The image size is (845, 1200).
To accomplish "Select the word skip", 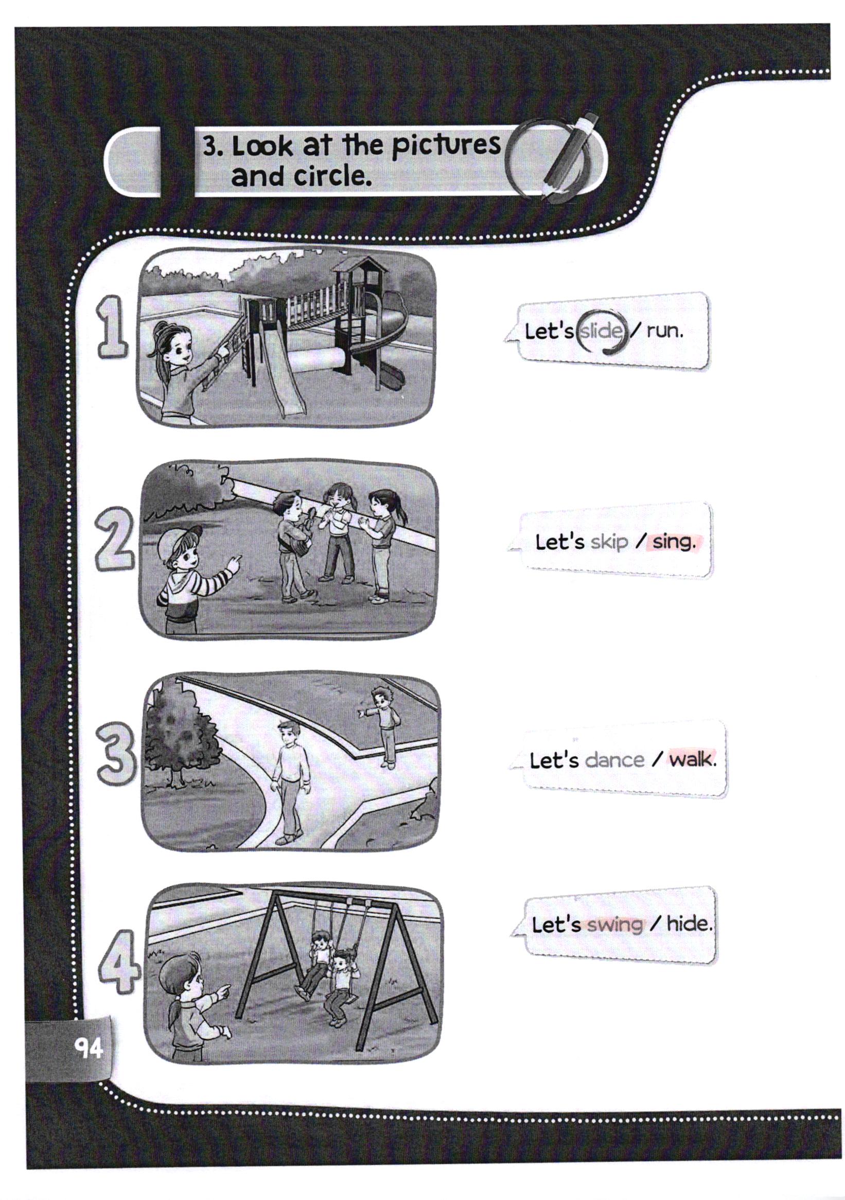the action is tap(609, 543).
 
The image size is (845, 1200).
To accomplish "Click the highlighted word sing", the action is tap(674, 543).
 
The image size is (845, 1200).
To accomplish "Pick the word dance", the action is tap(614, 759).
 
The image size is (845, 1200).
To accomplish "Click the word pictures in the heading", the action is tap(446, 146).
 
